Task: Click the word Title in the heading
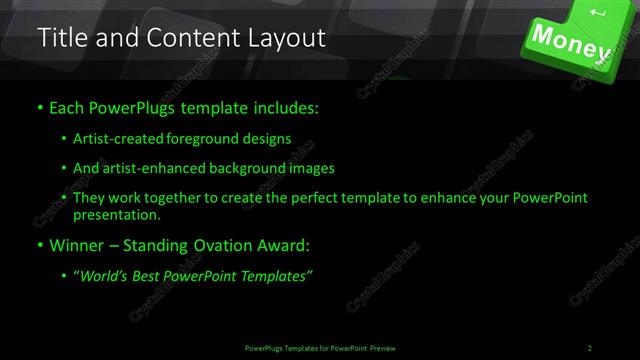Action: [x=59, y=39]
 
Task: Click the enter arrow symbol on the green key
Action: [x=598, y=12]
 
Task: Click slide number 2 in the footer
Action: [x=590, y=348]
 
